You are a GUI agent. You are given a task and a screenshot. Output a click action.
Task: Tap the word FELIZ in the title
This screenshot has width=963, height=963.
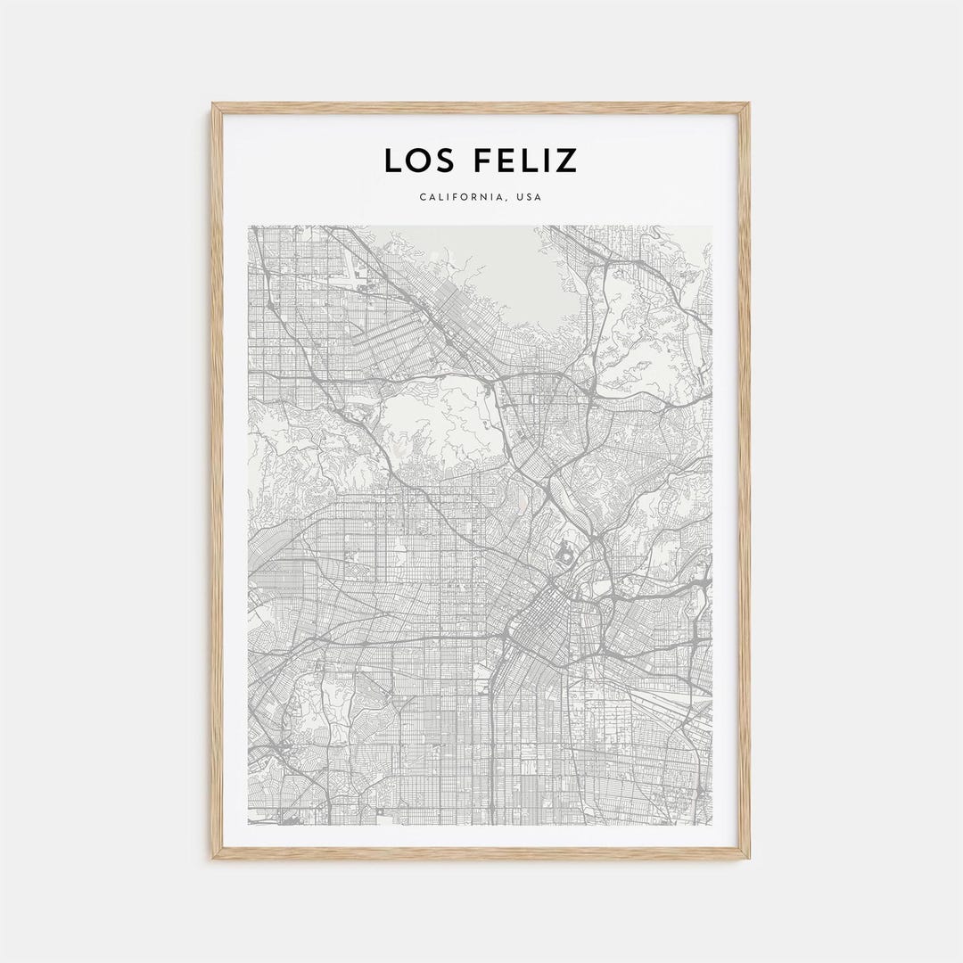[x=521, y=160]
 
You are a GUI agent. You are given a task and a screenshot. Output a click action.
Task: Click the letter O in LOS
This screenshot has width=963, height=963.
[x=416, y=160]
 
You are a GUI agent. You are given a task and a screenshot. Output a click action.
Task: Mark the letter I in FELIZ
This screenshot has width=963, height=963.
[x=545, y=160]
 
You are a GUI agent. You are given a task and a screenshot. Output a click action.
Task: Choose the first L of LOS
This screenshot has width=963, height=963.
[x=392, y=160]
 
